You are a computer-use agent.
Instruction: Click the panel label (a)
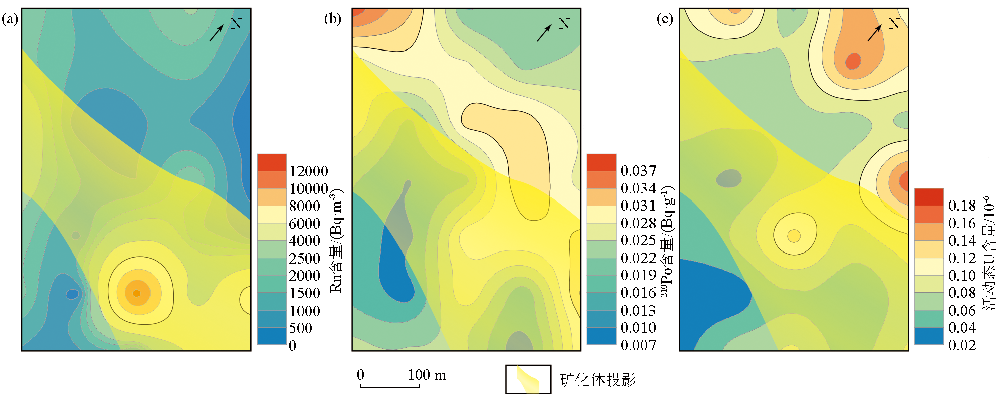pyautogui.click(x=10, y=19)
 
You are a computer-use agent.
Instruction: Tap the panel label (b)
pyautogui.click(x=332, y=19)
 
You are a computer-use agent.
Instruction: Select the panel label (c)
pyautogui.click(x=664, y=19)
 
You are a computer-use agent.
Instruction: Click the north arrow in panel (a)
pyautogui.click(x=217, y=33)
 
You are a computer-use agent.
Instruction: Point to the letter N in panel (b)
pyautogui.click(x=564, y=24)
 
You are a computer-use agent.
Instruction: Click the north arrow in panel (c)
pyautogui.click(x=875, y=33)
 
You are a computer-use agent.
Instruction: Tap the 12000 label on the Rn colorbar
pyautogui.click(x=309, y=171)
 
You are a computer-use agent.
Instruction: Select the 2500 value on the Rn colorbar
pyautogui.click(x=305, y=259)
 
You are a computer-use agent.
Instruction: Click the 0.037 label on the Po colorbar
pyautogui.click(x=638, y=171)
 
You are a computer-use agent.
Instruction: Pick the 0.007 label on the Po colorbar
pyautogui.click(x=638, y=345)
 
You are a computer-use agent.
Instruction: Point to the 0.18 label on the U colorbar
pyautogui.click(x=962, y=206)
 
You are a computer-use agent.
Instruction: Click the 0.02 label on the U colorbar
pyautogui.click(x=962, y=345)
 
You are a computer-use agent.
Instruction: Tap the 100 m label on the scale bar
pyautogui.click(x=427, y=375)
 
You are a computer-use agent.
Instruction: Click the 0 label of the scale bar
pyautogui.click(x=360, y=375)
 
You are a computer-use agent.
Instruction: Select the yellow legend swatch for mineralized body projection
pyautogui.click(x=528, y=379)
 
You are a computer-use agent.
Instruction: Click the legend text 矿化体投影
pyautogui.click(x=597, y=380)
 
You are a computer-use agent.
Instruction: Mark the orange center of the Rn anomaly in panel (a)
pyautogui.click(x=136, y=293)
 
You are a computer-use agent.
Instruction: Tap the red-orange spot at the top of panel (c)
pyautogui.click(x=853, y=61)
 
